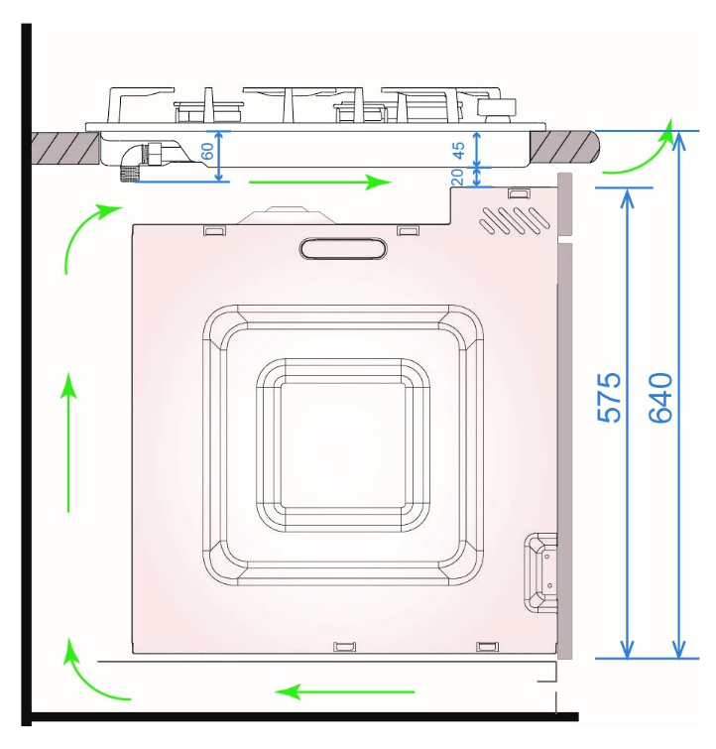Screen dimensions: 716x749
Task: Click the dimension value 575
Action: pos(609,398)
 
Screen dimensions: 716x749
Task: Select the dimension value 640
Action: pos(660,398)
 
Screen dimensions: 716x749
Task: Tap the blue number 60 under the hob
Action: pos(207,151)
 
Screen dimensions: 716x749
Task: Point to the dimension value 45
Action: pos(458,150)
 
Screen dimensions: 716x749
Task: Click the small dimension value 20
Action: pos(457,177)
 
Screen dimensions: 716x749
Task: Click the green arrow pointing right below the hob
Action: pos(320,182)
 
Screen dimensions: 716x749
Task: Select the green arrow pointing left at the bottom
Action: pos(345,691)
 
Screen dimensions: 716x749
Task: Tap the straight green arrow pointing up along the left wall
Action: pos(68,442)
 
